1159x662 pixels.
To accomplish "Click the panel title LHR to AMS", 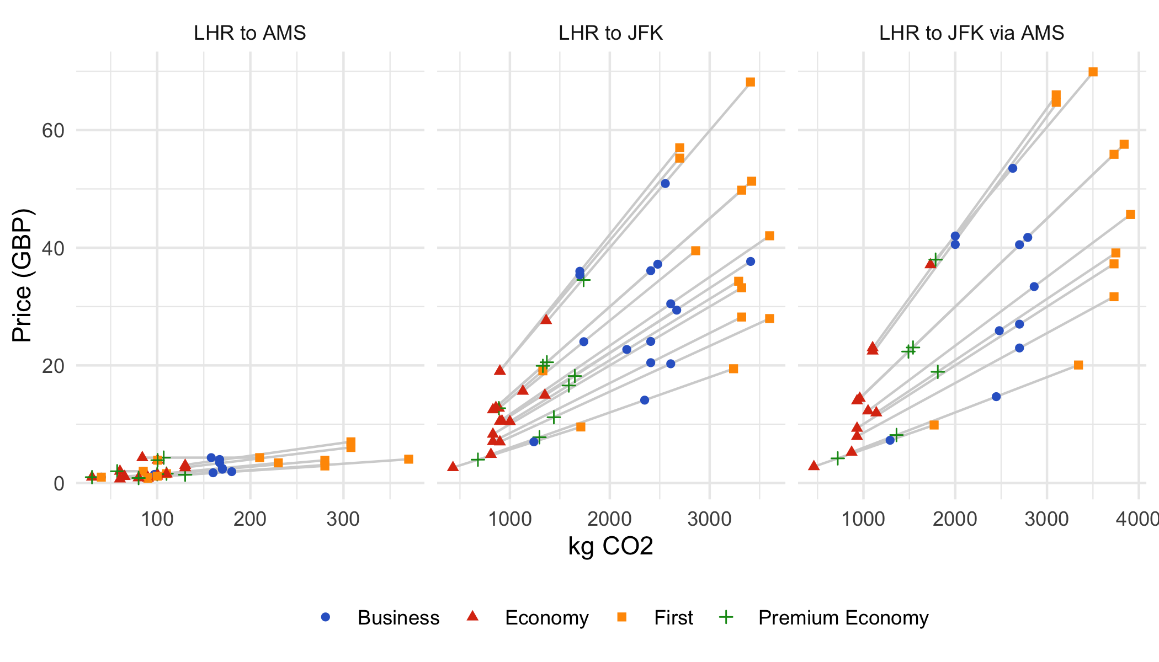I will pyautogui.click(x=249, y=33).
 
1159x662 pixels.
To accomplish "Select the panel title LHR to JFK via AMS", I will pyautogui.click(x=971, y=33).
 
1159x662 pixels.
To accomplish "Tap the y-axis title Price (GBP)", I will pyautogui.click(x=23, y=275).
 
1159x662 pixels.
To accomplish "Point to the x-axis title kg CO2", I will pyautogui.click(x=610, y=546).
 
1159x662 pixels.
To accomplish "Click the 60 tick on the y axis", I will pyautogui.click(x=53, y=131).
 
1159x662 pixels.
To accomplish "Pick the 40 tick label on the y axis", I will pyautogui.click(x=53, y=248).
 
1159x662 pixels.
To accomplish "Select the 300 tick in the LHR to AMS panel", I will pyautogui.click(x=343, y=519).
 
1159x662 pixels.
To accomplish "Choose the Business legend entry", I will pyautogui.click(x=381, y=617).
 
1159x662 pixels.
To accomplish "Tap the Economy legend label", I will pyautogui.click(x=546, y=617).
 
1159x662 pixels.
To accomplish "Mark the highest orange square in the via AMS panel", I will pyautogui.click(x=1093, y=72).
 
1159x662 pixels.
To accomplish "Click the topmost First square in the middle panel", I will pyautogui.click(x=750, y=82).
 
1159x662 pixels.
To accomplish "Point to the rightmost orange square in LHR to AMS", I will pyautogui.click(x=408, y=459).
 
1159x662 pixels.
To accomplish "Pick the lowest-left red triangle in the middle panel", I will pyautogui.click(x=453, y=467).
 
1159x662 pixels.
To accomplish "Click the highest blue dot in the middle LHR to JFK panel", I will pyautogui.click(x=665, y=184).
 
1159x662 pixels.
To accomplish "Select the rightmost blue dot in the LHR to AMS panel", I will pyautogui.click(x=232, y=472).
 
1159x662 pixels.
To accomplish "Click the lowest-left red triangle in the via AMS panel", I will pyautogui.click(x=814, y=466).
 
